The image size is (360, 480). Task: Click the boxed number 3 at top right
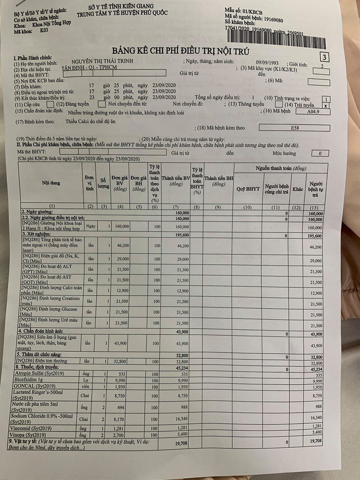(x=325, y=56)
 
